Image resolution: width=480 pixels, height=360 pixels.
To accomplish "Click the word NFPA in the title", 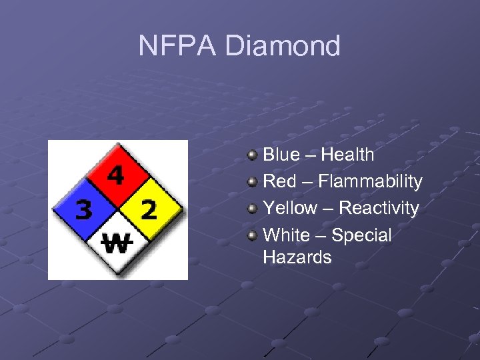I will pos(177,46).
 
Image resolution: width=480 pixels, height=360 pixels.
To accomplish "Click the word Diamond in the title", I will pos(283,46).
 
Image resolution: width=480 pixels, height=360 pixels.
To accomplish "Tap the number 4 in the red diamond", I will pos(116,176).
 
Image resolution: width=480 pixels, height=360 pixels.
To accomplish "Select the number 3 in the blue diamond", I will pos(84,211).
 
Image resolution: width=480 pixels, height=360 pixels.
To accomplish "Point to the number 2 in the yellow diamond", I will pos(149,211).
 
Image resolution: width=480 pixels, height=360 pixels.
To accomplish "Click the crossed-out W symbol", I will pos(116,244).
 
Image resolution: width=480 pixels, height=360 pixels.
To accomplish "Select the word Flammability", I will pos(370,181).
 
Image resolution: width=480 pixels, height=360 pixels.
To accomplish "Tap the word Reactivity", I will pos(379,208).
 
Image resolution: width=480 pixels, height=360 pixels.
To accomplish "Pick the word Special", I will pos(361,235).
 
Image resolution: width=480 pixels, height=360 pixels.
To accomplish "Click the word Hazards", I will pos(297,257).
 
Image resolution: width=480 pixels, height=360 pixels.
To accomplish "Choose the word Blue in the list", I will pos(281,155).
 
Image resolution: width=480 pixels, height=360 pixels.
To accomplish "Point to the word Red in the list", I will pos(279,181).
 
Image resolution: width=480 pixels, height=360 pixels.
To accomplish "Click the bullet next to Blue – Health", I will pos(252,155).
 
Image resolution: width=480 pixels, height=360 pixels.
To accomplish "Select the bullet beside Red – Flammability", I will pos(252,182).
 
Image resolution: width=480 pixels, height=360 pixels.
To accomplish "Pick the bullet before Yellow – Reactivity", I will pos(252,209).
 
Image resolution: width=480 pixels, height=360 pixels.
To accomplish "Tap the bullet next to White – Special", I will pos(252,235).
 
